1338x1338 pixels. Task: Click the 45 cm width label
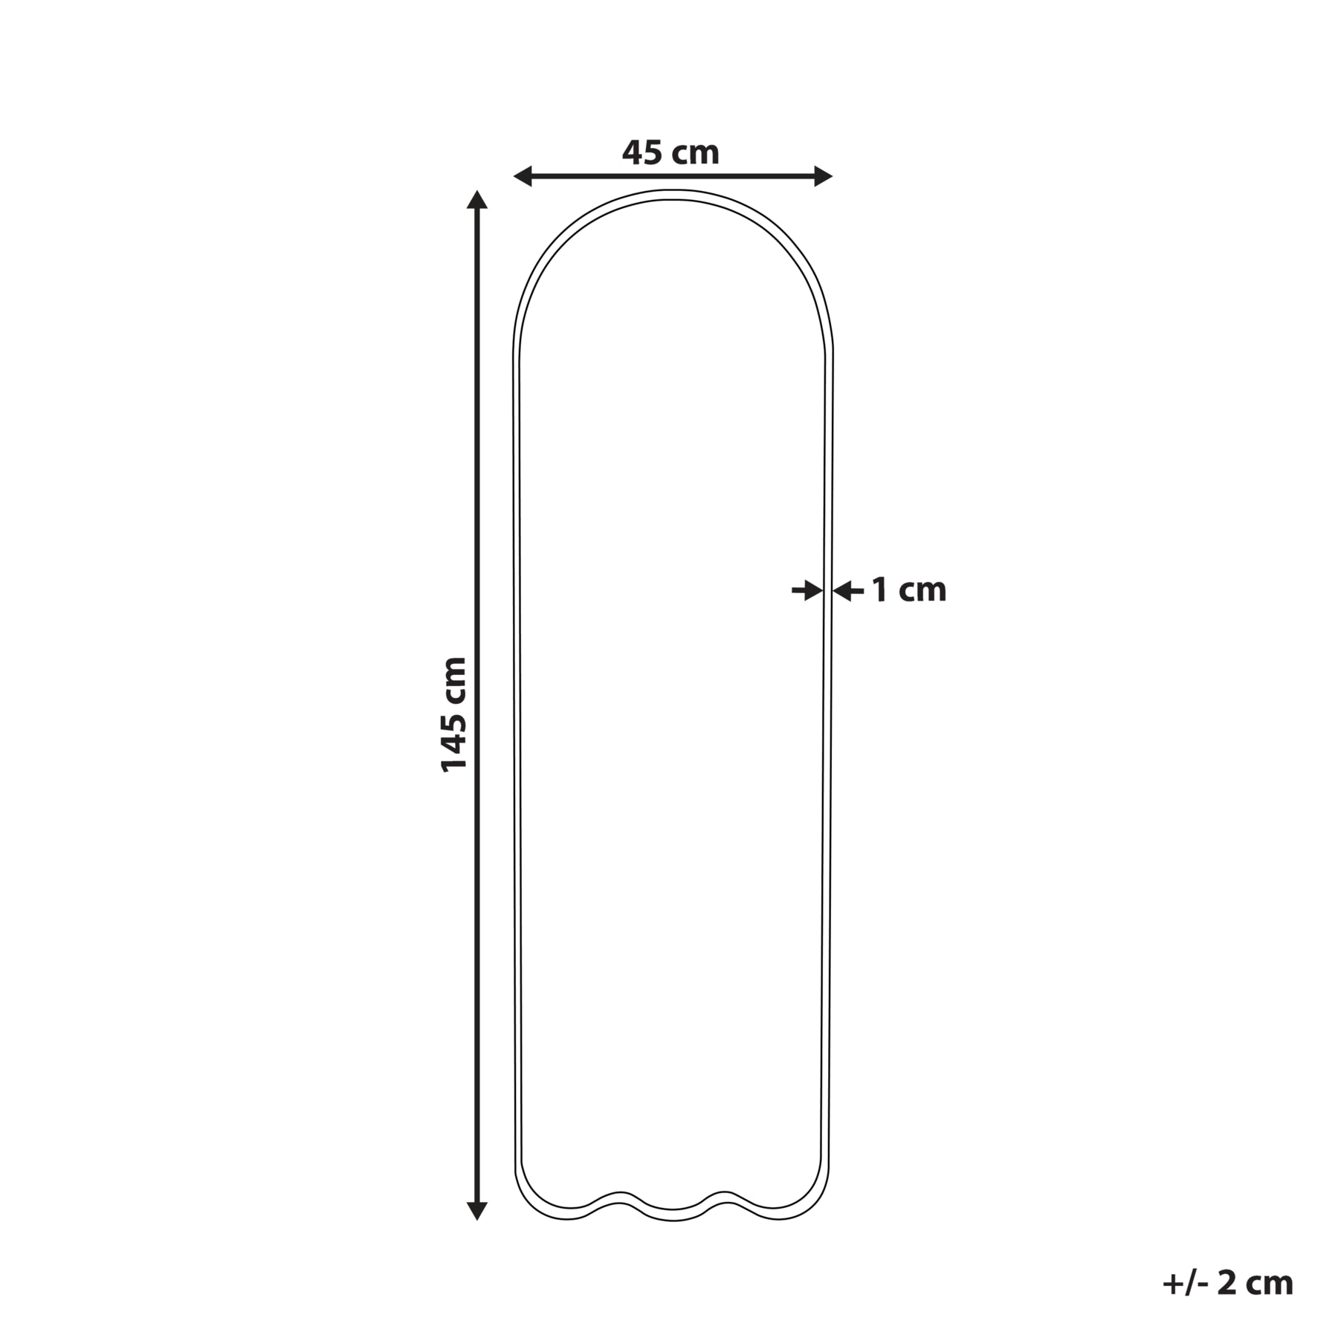pos(670,153)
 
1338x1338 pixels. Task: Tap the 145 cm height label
pos(453,714)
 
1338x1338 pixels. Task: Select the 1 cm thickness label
pos(908,591)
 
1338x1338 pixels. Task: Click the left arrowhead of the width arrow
pos(523,176)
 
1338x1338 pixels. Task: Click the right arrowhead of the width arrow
pos(823,176)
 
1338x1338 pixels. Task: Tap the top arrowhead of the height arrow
pos(477,200)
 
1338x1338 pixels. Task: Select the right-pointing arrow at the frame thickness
pos(807,592)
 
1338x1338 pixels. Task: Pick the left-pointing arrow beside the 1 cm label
pos(848,592)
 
